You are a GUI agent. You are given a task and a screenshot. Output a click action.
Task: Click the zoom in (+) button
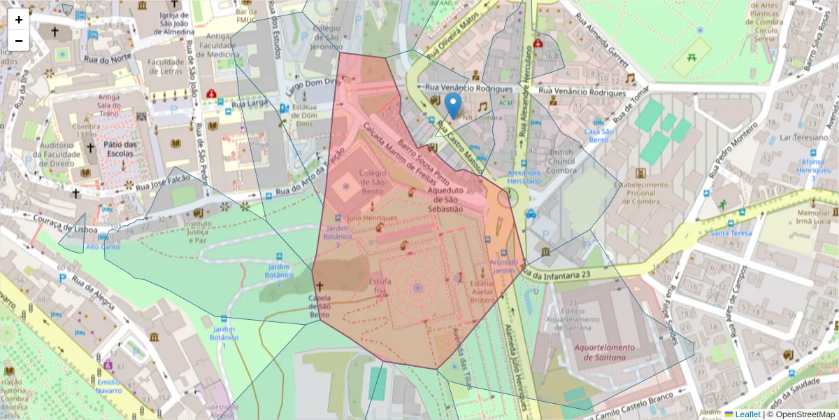coord(19,20)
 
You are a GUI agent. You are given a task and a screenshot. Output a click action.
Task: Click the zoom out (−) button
coord(19,41)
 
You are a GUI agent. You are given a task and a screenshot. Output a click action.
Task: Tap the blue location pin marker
coord(454,106)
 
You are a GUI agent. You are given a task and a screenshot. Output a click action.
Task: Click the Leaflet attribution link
coord(747,414)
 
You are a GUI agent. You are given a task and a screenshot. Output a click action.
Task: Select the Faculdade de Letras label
coord(164,64)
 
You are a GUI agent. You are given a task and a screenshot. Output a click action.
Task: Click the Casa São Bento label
coord(599,136)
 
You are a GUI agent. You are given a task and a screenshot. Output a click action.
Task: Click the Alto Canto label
coord(103,246)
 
